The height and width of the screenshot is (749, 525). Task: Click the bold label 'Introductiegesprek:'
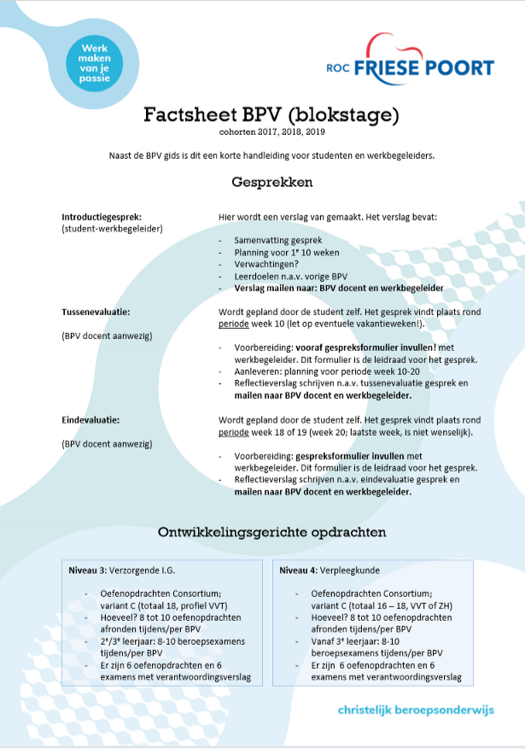[102, 217]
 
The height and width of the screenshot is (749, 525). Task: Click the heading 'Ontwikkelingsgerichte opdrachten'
[271, 532]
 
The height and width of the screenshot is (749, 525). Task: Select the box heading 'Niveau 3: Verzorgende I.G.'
[125, 570]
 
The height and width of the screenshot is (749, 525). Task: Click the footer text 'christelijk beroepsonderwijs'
[416, 709]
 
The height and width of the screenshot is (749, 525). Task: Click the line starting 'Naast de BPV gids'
[271, 155]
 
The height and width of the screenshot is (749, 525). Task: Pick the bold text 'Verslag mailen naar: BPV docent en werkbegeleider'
[339, 289]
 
